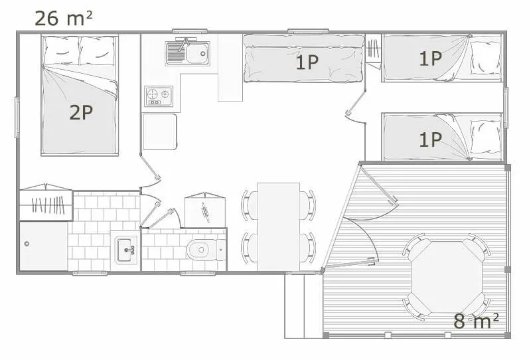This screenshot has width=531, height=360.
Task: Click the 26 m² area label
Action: (x=63, y=18)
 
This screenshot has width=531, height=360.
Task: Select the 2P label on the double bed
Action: (x=80, y=112)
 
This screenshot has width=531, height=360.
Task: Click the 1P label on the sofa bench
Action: (x=307, y=62)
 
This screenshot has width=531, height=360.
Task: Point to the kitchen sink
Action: (x=188, y=52)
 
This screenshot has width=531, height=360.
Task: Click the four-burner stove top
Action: (x=158, y=96)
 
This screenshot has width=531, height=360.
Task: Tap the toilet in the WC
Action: (x=198, y=250)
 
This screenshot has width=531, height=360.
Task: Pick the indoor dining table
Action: (x=278, y=226)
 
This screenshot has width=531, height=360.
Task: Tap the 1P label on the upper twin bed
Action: (x=430, y=58)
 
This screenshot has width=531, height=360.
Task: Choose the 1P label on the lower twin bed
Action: (x=430, y=139)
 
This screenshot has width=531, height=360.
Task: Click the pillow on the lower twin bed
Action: (x=485, y=137)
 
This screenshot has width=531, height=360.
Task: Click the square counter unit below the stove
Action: (x=159, y=132)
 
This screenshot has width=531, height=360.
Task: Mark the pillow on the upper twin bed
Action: (x=485, y=58)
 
